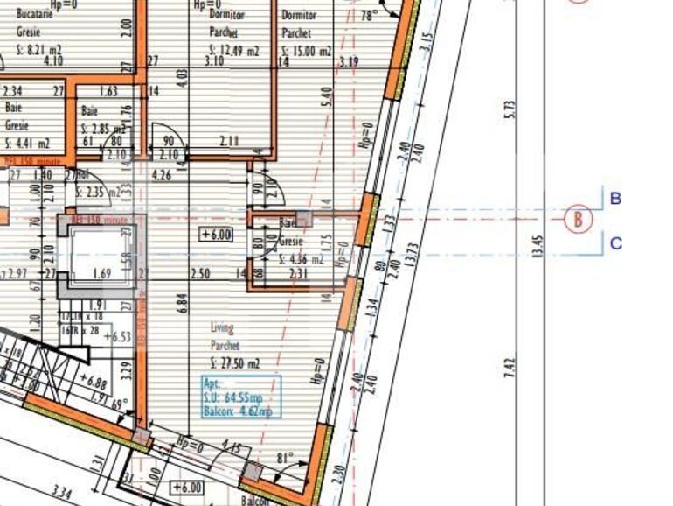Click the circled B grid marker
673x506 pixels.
578,219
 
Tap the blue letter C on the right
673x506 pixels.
615,242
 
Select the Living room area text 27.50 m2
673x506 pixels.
235,362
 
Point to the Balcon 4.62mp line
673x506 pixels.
238,411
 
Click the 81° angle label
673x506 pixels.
285,458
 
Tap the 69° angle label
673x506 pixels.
119,404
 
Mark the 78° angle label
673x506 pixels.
369,17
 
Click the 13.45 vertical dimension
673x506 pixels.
538,245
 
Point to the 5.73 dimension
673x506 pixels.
510,109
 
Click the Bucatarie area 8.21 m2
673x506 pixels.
38,51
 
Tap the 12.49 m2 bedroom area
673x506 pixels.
236,52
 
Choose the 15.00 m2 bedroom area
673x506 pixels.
306,52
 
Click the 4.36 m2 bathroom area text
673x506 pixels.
302,259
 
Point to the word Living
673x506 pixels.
222,328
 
